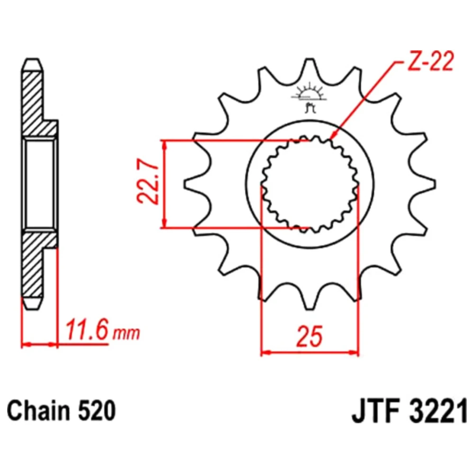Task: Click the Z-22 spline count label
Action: (x=430, y=62)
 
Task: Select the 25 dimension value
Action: (x=310, y=336)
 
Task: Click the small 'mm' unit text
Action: (x=127, y=333)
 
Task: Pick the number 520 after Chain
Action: (x=97, y=411)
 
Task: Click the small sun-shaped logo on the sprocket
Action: (x=310, y=97)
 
